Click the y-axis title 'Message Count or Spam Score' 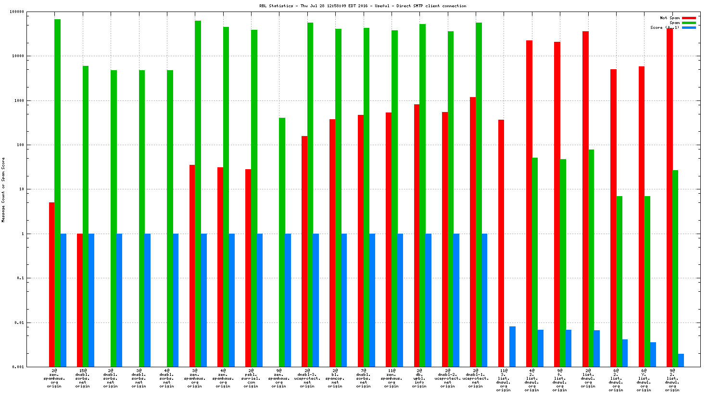pyautogui.click(x=3, y=189)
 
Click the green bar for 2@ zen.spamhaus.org pyautogui.click(x=58, y=192)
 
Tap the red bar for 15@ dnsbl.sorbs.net pyautogui.click(x=80, y=300)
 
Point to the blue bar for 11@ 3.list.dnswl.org pyautogui.click(x=513, y=347)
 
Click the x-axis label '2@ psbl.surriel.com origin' pyautogui.click(x=251, y=378)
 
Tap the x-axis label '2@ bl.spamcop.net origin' pyautogui.click(x=335, y=378)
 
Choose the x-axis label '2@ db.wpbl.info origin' pyautogui.click(x=419, y=378)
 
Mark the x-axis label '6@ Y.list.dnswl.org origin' pyautogui.click(x=644, y=378)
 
